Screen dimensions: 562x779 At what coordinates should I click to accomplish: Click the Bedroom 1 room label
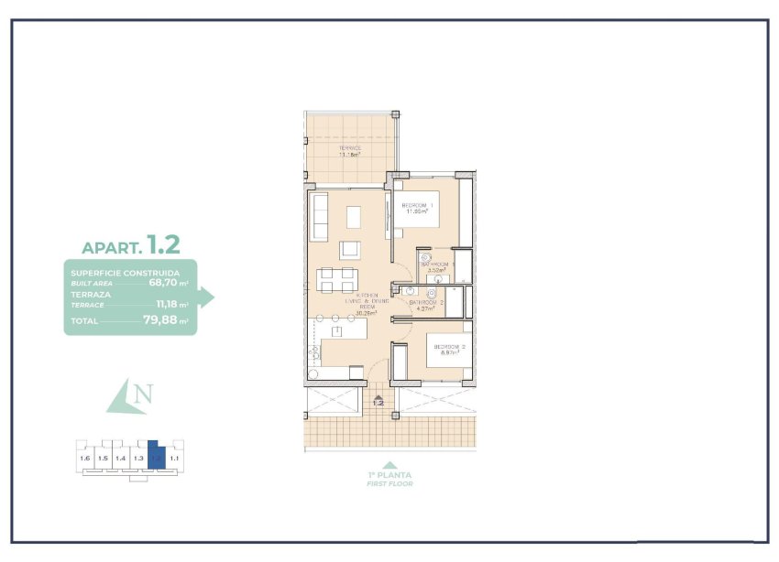(x=417, y=205)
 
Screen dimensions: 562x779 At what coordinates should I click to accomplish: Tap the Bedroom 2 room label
(x=450, y=346)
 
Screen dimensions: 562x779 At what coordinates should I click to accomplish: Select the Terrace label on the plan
(x=349, y=147)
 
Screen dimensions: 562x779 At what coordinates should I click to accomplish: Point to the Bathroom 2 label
(x=426, y=302)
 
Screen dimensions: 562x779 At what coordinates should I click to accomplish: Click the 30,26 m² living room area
(x=341, y=312)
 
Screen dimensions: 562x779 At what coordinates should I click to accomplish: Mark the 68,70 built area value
(x=168, y=284)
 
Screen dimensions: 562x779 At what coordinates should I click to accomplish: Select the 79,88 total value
(x=161, y=320)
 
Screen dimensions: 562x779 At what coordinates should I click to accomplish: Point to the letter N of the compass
(x=140, y=395)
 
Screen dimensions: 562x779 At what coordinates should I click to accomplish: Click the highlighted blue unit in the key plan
(x=157, y=455)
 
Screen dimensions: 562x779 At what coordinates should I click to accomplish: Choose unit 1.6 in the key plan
(x=85, y=457)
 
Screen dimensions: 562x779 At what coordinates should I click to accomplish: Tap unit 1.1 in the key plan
(x=174, y=457)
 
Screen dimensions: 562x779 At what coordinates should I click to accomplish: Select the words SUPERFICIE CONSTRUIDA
(x=125, y=273)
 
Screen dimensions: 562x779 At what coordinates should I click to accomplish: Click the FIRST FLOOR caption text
(x=390, y=483)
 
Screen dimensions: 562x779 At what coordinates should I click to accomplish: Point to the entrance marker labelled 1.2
(x=378, y=401)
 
